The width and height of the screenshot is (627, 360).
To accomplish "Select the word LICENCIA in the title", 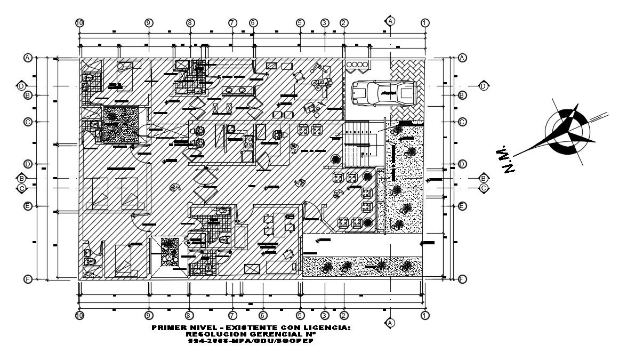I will [331, 327].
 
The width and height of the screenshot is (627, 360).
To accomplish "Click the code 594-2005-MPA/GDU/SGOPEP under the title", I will [251, 341].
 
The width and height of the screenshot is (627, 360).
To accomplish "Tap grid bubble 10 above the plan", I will [79, 22].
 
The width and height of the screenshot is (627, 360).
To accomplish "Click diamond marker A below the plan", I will [390, 323].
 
